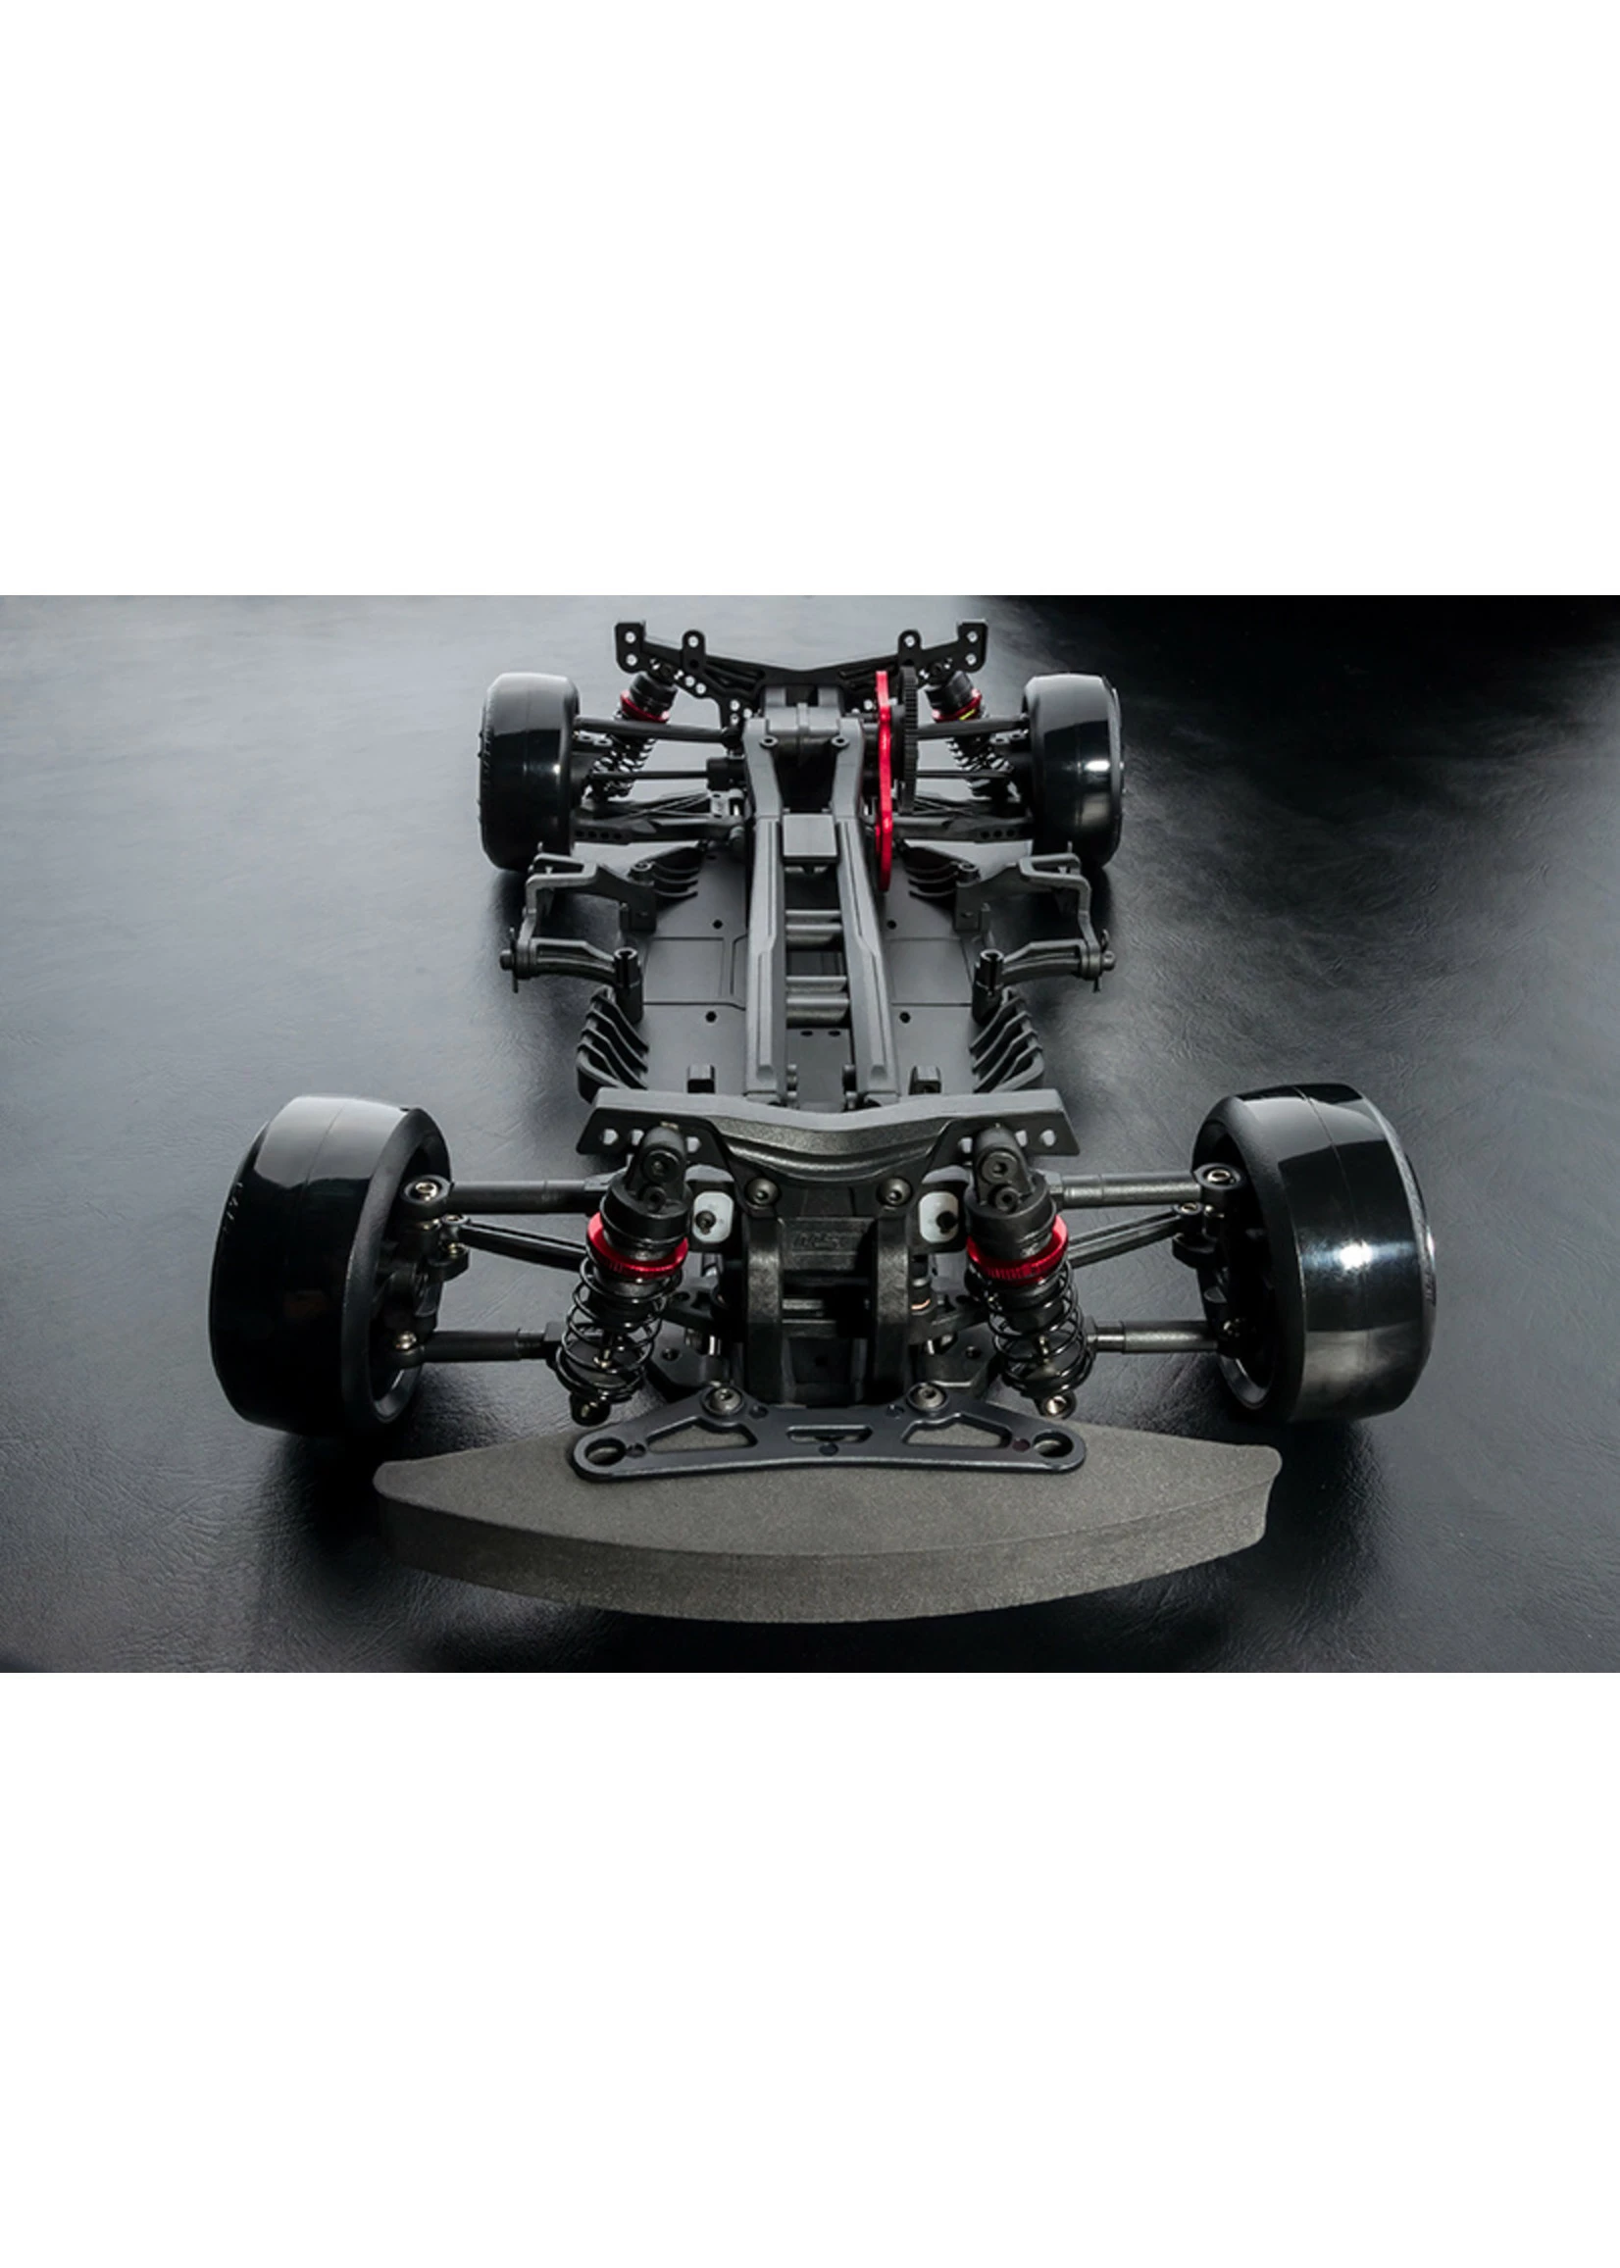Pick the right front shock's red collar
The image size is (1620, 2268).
[1018, 1240]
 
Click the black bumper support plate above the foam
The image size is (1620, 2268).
[828, 1436]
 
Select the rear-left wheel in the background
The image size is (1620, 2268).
[527, 768]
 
